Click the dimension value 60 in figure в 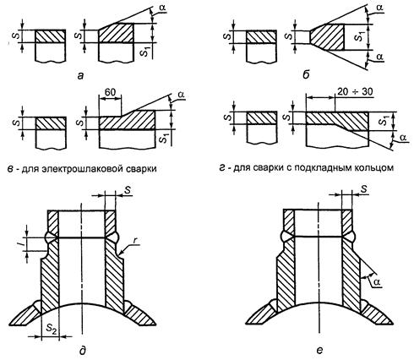[110, 93]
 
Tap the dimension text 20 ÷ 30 [355, 92]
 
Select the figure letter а [81, 75]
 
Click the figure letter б [306, 75]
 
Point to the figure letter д [83, 350]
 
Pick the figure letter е [319, 350]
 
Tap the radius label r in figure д [138, 243]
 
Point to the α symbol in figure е [378, 282]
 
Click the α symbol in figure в [181, 95]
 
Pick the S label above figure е [364, 189]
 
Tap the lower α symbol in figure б [379, 57]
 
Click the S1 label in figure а [144, 52]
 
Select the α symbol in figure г [403, 138]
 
